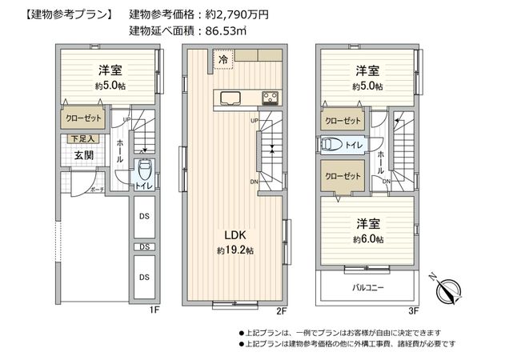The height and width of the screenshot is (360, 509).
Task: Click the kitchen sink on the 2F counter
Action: [228, 98]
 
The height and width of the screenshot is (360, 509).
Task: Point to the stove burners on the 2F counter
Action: [270, 98]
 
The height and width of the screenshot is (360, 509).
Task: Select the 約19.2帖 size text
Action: [234, 250]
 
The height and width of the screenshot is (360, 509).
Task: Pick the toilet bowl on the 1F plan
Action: [144, 170]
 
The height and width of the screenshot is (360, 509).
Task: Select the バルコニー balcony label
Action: [367, 286]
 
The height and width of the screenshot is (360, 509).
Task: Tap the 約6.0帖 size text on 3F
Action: [367, 239]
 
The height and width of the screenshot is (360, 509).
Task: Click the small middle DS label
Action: [143, 247]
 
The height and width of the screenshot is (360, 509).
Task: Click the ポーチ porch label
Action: [97, 190]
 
